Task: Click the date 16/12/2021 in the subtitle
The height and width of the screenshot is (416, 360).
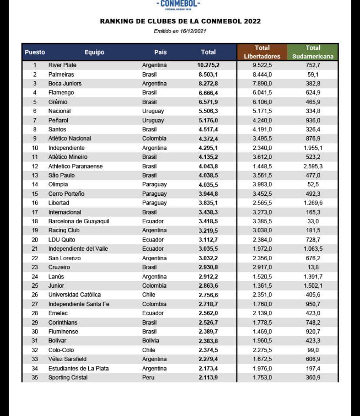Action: coord(194,31)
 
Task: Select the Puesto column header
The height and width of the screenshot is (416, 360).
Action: coord(35,52)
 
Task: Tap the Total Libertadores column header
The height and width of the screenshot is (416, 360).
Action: coord(262,52)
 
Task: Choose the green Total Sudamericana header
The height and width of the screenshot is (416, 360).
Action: coord(313,52)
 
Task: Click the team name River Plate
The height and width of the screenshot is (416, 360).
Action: coord(62,65)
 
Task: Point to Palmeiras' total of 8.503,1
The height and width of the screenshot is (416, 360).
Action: coord(208,74)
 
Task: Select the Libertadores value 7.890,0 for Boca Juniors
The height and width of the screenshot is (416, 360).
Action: coord(262,84)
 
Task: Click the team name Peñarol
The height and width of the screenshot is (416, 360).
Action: coord(58,120)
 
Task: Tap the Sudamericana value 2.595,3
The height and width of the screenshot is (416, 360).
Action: coord(313,166)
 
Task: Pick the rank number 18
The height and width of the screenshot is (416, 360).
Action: coord(35,221)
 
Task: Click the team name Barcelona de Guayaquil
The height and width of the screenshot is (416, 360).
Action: coord(78,221)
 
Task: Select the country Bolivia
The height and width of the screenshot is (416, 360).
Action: coord(150,341)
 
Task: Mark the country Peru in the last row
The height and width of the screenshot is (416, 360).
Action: coord(148,378)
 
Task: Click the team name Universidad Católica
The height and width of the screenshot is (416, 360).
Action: coord(74,295)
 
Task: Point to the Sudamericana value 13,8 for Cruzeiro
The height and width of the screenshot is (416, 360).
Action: coord(313,267)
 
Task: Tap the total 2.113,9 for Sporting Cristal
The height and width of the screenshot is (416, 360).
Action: coord(208,378)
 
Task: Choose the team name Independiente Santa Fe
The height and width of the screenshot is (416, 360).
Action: coord(78,304)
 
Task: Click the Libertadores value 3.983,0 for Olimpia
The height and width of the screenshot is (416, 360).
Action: coord(262,185)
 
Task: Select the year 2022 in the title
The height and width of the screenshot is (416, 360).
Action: coord(252,21)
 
